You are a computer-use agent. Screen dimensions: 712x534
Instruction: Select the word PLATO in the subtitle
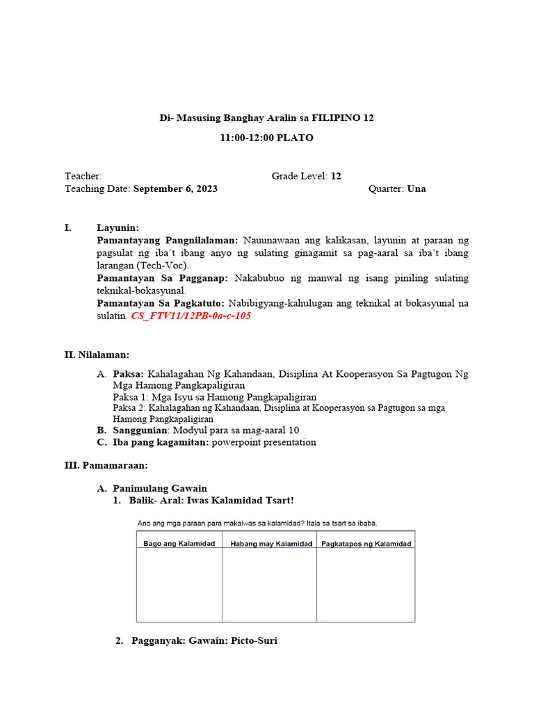(x=296, y=138)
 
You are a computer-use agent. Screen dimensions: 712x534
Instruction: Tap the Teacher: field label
(x=83, y=177)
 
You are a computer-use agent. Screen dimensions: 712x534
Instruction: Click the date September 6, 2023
(x=175, y=189)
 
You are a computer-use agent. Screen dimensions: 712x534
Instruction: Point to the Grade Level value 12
(x=336, y=177)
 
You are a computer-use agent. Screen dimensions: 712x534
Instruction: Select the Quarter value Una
(x=416, y=189)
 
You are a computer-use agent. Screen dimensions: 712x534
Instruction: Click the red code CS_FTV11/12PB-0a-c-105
(x=191, y=316)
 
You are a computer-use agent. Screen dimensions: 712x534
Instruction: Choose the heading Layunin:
(x=118, y=228)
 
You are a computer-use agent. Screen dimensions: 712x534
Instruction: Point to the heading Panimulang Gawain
(x=160, y=489)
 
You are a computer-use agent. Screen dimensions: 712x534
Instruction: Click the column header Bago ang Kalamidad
(x=179, y=543)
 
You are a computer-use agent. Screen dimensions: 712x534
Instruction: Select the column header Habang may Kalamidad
(x=270, y=543)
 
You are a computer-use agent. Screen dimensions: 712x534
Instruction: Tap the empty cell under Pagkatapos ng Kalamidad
(x=366, y=584)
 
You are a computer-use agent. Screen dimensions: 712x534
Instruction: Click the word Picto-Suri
(x=252, y=640)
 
